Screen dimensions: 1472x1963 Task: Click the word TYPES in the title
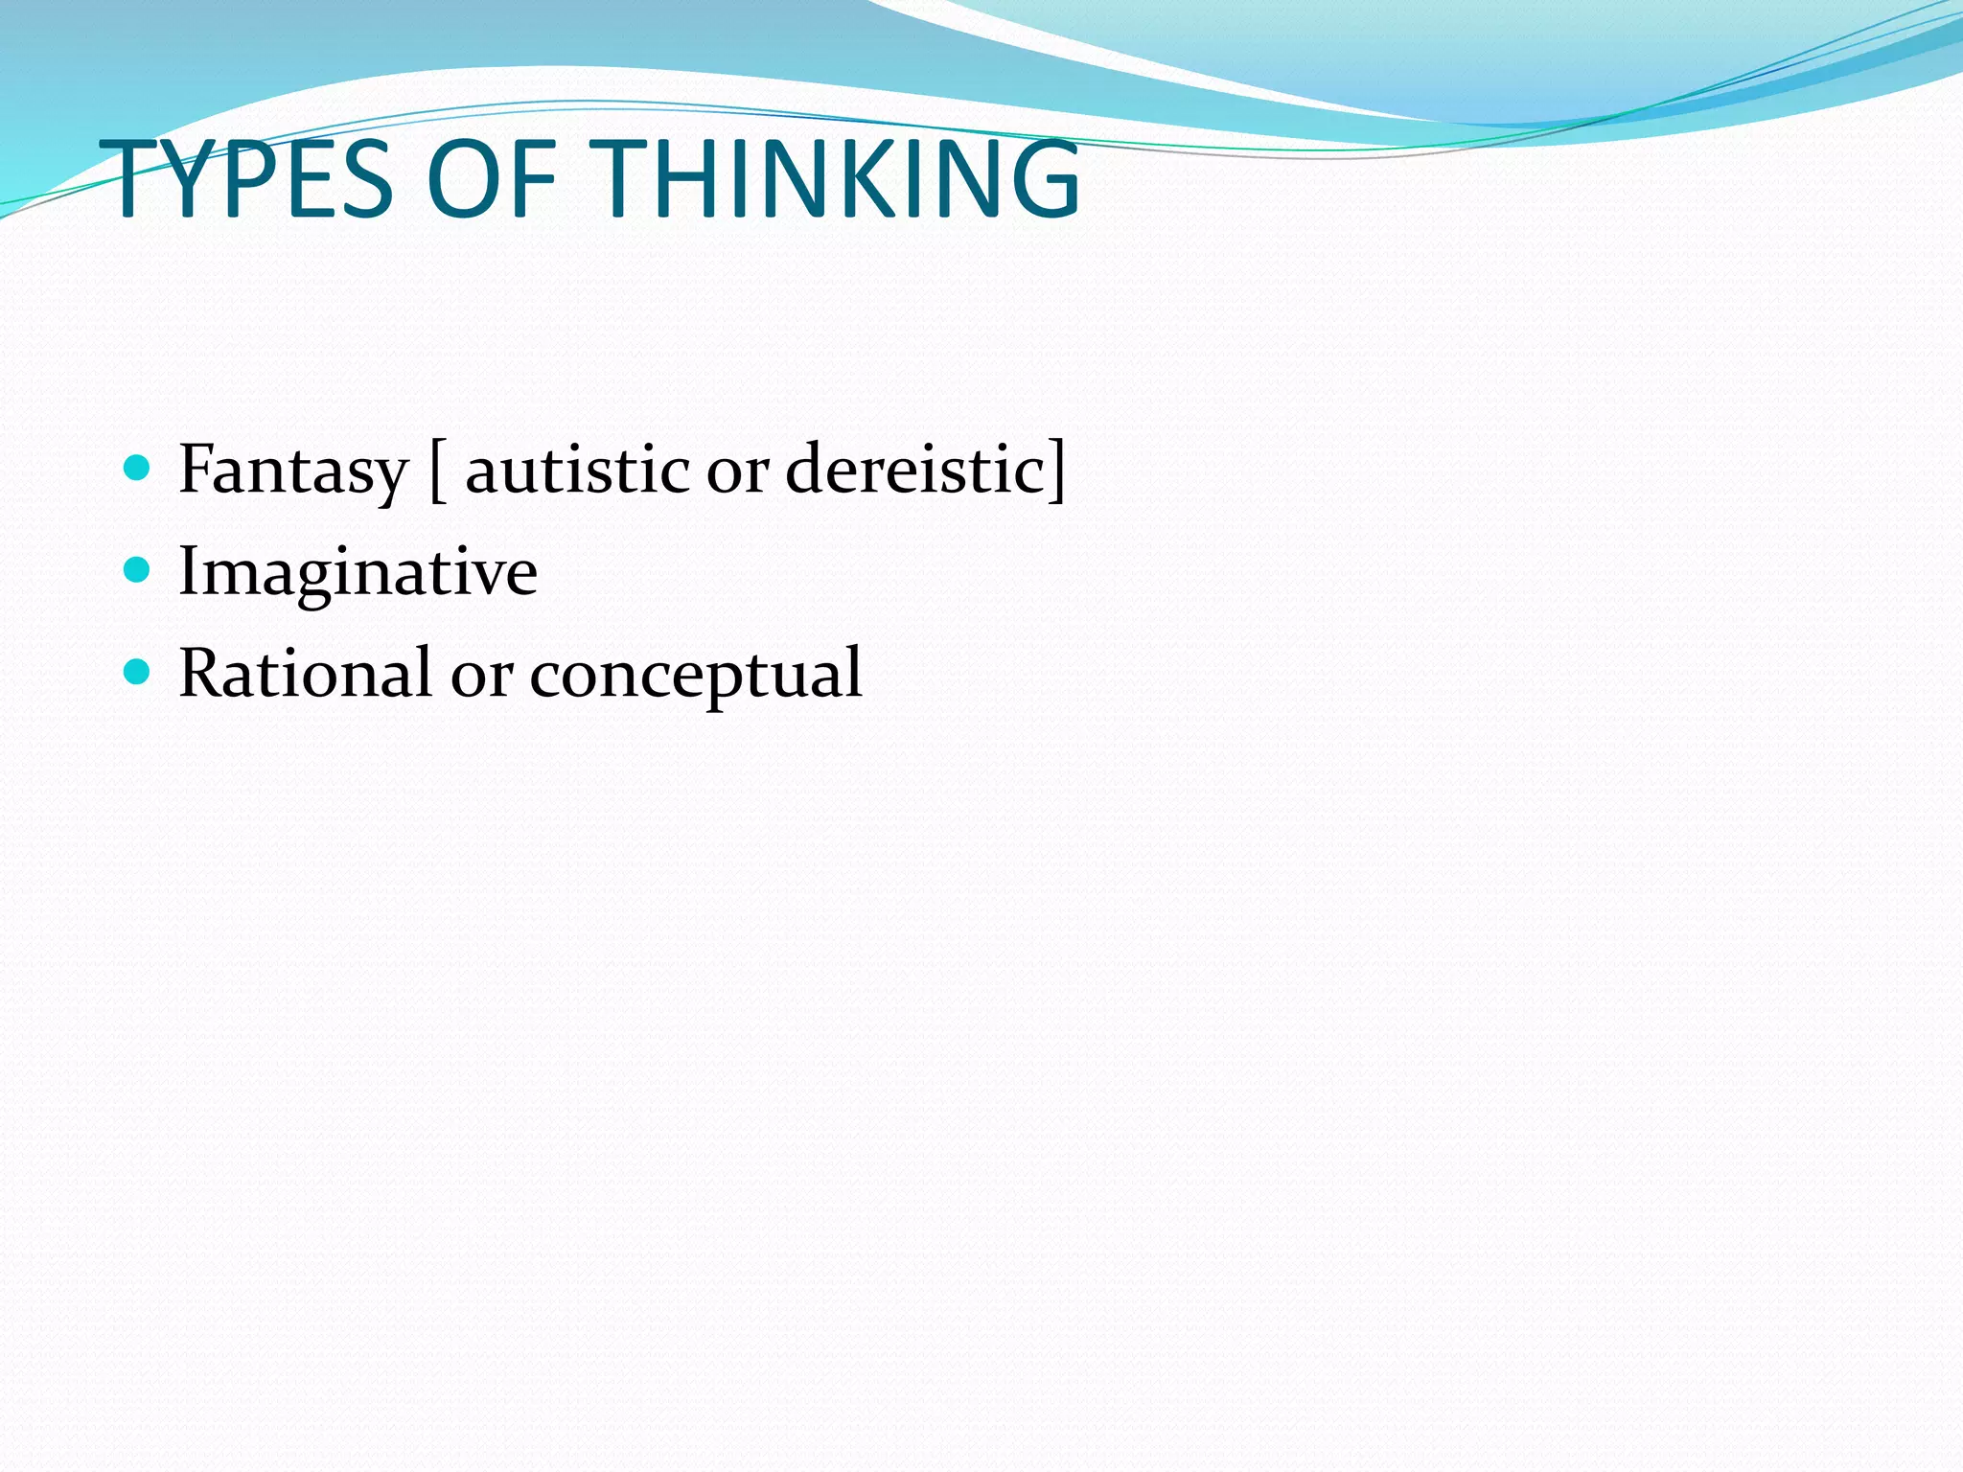pos(251,179)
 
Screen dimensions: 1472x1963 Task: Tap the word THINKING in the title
pos(841,179)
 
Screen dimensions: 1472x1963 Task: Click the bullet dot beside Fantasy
pos(138,468)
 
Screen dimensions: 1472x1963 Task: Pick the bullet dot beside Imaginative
pos(138,570)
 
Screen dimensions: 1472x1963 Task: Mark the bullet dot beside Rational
pos(138,672)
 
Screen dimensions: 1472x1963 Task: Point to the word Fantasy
pos(293,471)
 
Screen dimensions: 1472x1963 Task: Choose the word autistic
pos(577,471)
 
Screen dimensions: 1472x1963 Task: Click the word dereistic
pos(914,471)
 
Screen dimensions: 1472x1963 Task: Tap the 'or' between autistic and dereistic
pos(737,472)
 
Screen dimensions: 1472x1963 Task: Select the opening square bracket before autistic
pos(437,471)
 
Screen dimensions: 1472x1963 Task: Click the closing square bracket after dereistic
pos(1056,471)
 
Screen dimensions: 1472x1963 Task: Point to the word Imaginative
pos(358,573)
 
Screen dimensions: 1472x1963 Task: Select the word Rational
pos(305,673)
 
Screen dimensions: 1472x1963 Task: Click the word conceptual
pos(696,675)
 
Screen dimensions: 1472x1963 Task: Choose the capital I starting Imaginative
pos(188,571)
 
